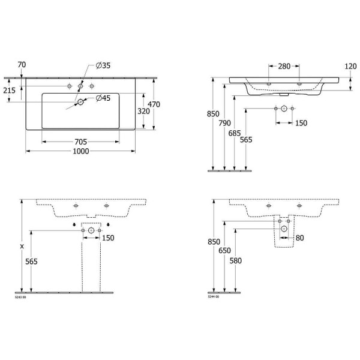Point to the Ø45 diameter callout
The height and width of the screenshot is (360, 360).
[103, 98]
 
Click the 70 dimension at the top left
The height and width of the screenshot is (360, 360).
[22, 64]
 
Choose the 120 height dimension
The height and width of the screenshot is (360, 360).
[350, 66]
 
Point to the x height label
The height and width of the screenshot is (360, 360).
[23, 246]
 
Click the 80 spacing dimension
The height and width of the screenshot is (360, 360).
[300, 238]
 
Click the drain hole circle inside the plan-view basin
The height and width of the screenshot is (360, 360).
[80, 103]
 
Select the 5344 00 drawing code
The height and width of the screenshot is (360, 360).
[215, 297]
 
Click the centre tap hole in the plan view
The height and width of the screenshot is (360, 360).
[80, 87]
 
